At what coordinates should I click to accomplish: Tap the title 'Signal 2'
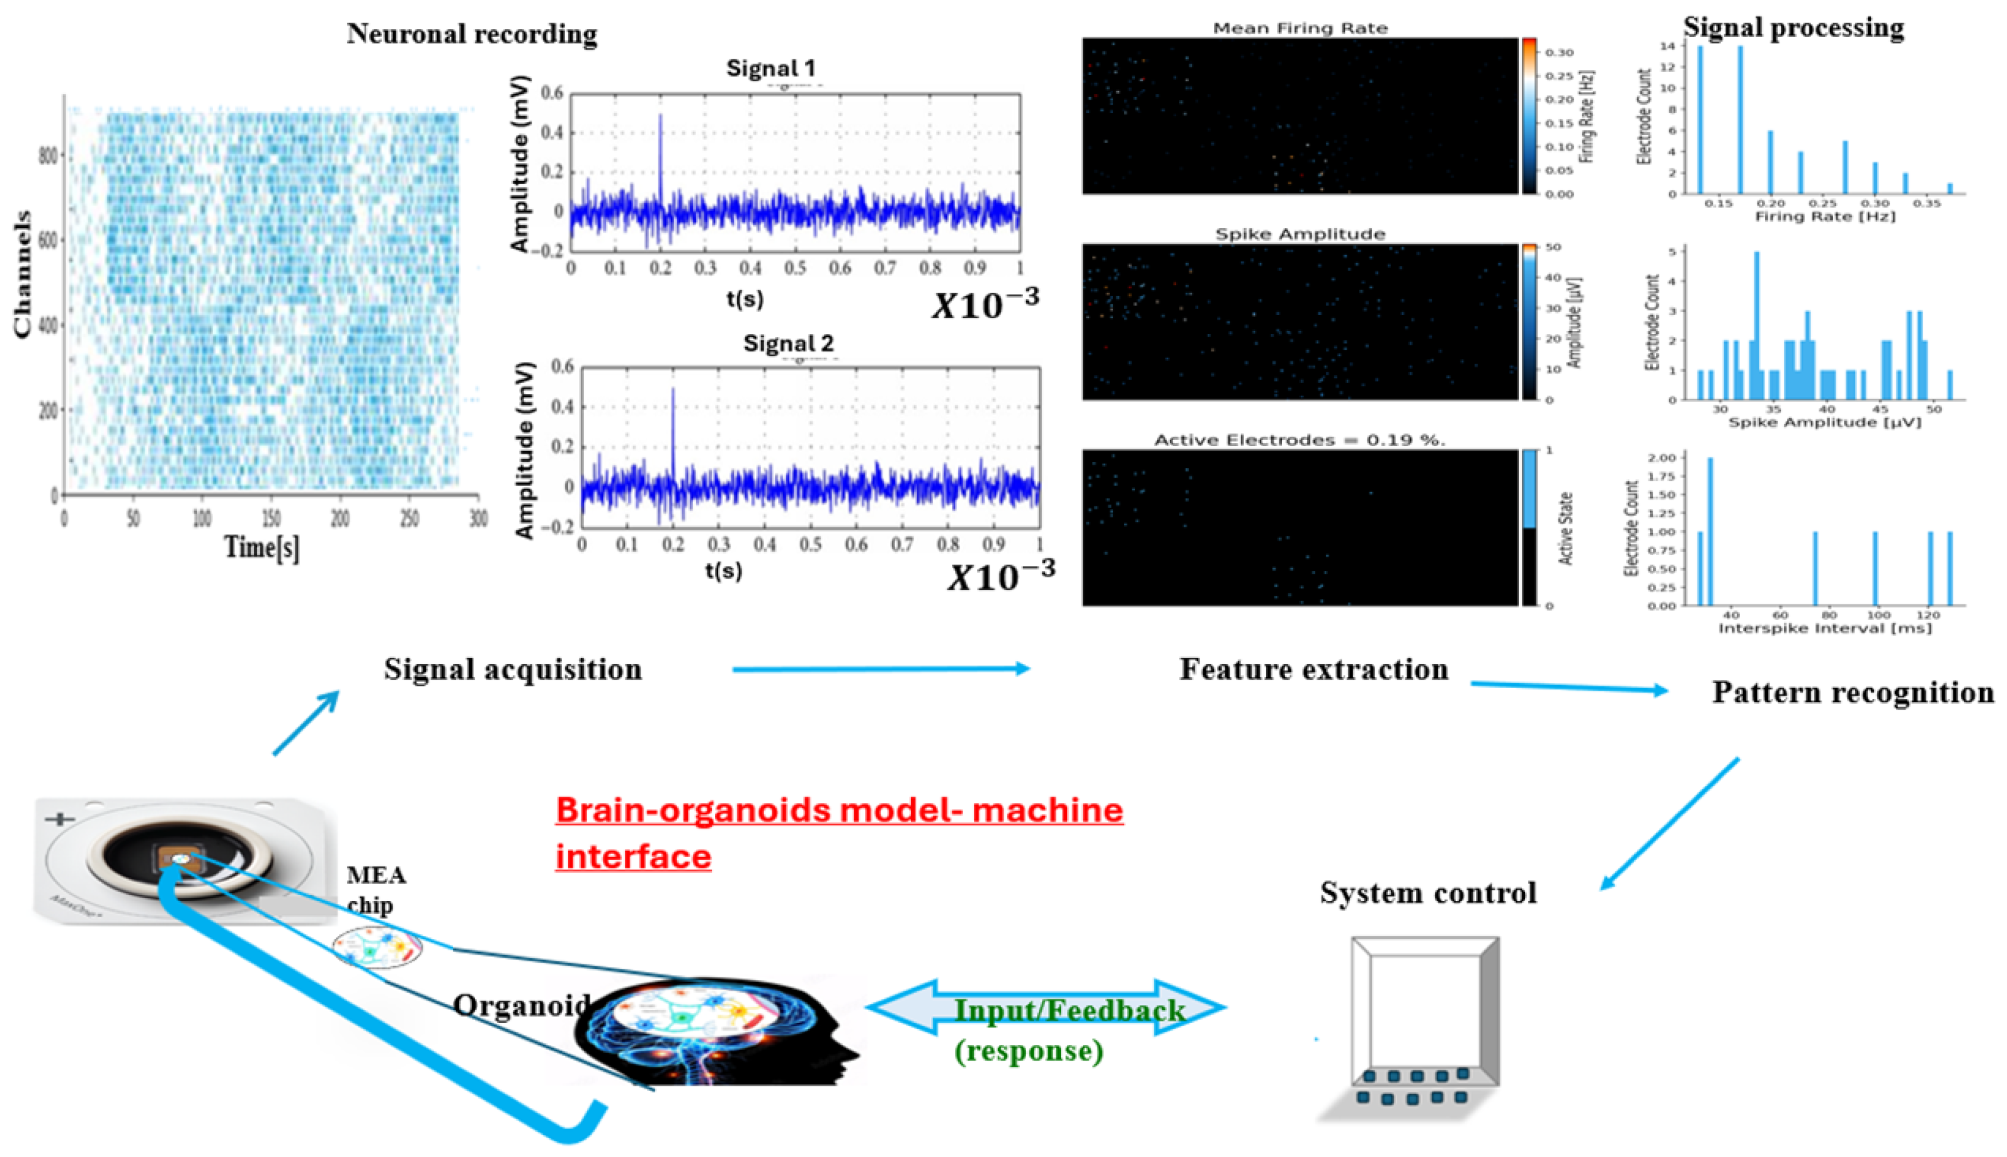[x=788, y=343]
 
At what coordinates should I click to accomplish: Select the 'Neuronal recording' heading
[x=472, y=33]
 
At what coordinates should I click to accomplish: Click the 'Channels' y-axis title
[x=23, y=274]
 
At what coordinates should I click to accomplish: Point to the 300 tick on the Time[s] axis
[x=478, y=519]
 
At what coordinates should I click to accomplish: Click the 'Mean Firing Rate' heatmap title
[x=1300, y=28]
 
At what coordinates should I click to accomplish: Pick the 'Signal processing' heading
[x=1793, y=27]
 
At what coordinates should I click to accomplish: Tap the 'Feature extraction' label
[x=1313, y=669]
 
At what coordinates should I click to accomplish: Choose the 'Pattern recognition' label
[x=1852, y=692]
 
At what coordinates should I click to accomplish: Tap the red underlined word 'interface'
[x=633, y=856]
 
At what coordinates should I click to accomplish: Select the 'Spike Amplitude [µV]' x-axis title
[x=1824, y=422]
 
